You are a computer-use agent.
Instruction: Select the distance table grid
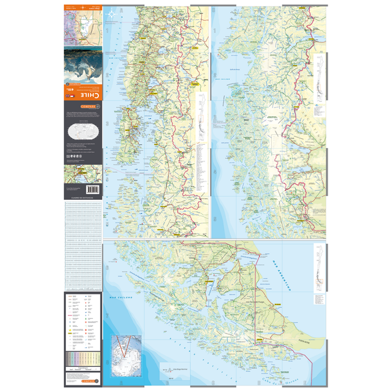pyautogui.click(x=83, y=246)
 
